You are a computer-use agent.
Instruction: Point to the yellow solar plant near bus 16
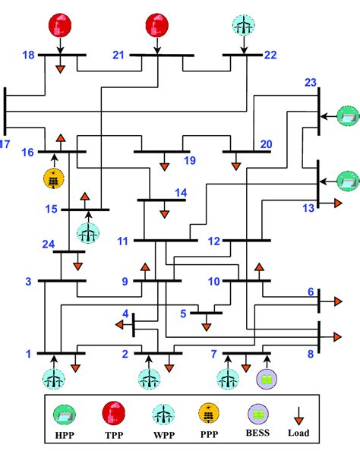click(55, 179)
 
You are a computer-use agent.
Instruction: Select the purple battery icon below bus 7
click(267, 379)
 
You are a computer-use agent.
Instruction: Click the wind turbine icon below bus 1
click(54, 379)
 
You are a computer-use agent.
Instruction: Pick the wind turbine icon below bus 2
click(148, 379)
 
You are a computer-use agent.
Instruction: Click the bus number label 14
click(180, 194)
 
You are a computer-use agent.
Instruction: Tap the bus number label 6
click(310, 292)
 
